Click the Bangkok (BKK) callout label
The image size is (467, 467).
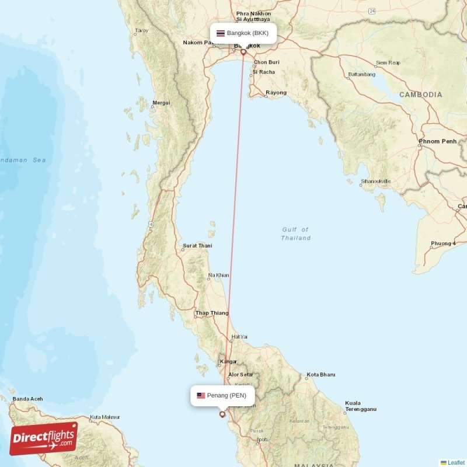[243, 33]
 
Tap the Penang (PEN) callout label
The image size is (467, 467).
[222, 396]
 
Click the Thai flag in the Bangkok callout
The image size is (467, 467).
[221, 33]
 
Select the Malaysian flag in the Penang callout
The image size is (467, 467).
[201, 396]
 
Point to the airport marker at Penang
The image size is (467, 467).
[222, 414]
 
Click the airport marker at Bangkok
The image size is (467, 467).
[243, 52]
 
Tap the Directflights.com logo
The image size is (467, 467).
[44, 438]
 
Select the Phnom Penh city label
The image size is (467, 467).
[437, 141]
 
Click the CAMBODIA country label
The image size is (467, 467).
[420, 95]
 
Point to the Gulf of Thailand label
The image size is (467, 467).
[295, 233]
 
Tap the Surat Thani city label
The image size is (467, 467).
[197, 246]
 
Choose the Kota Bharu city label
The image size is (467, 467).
[321, 375]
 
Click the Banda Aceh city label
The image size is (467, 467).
[28, 399]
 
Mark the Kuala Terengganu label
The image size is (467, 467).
[360, 406]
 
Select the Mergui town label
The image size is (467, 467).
[161, 103]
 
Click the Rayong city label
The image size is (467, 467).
[276, 93]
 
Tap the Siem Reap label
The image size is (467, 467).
[388, 62]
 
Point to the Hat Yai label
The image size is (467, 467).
[239, 337]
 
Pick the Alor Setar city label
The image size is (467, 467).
[241, 375]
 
